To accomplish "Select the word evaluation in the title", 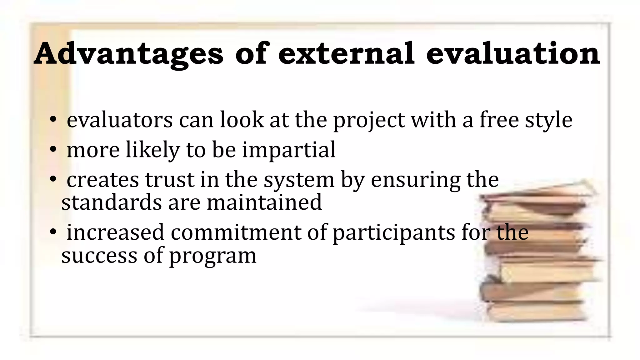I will coord(513,54).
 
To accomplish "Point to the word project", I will coord(369,121).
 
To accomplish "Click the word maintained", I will coord(264,202).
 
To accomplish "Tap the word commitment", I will coord(236,232).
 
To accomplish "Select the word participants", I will coord(394,233).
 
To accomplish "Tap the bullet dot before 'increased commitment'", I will coord(53,232).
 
